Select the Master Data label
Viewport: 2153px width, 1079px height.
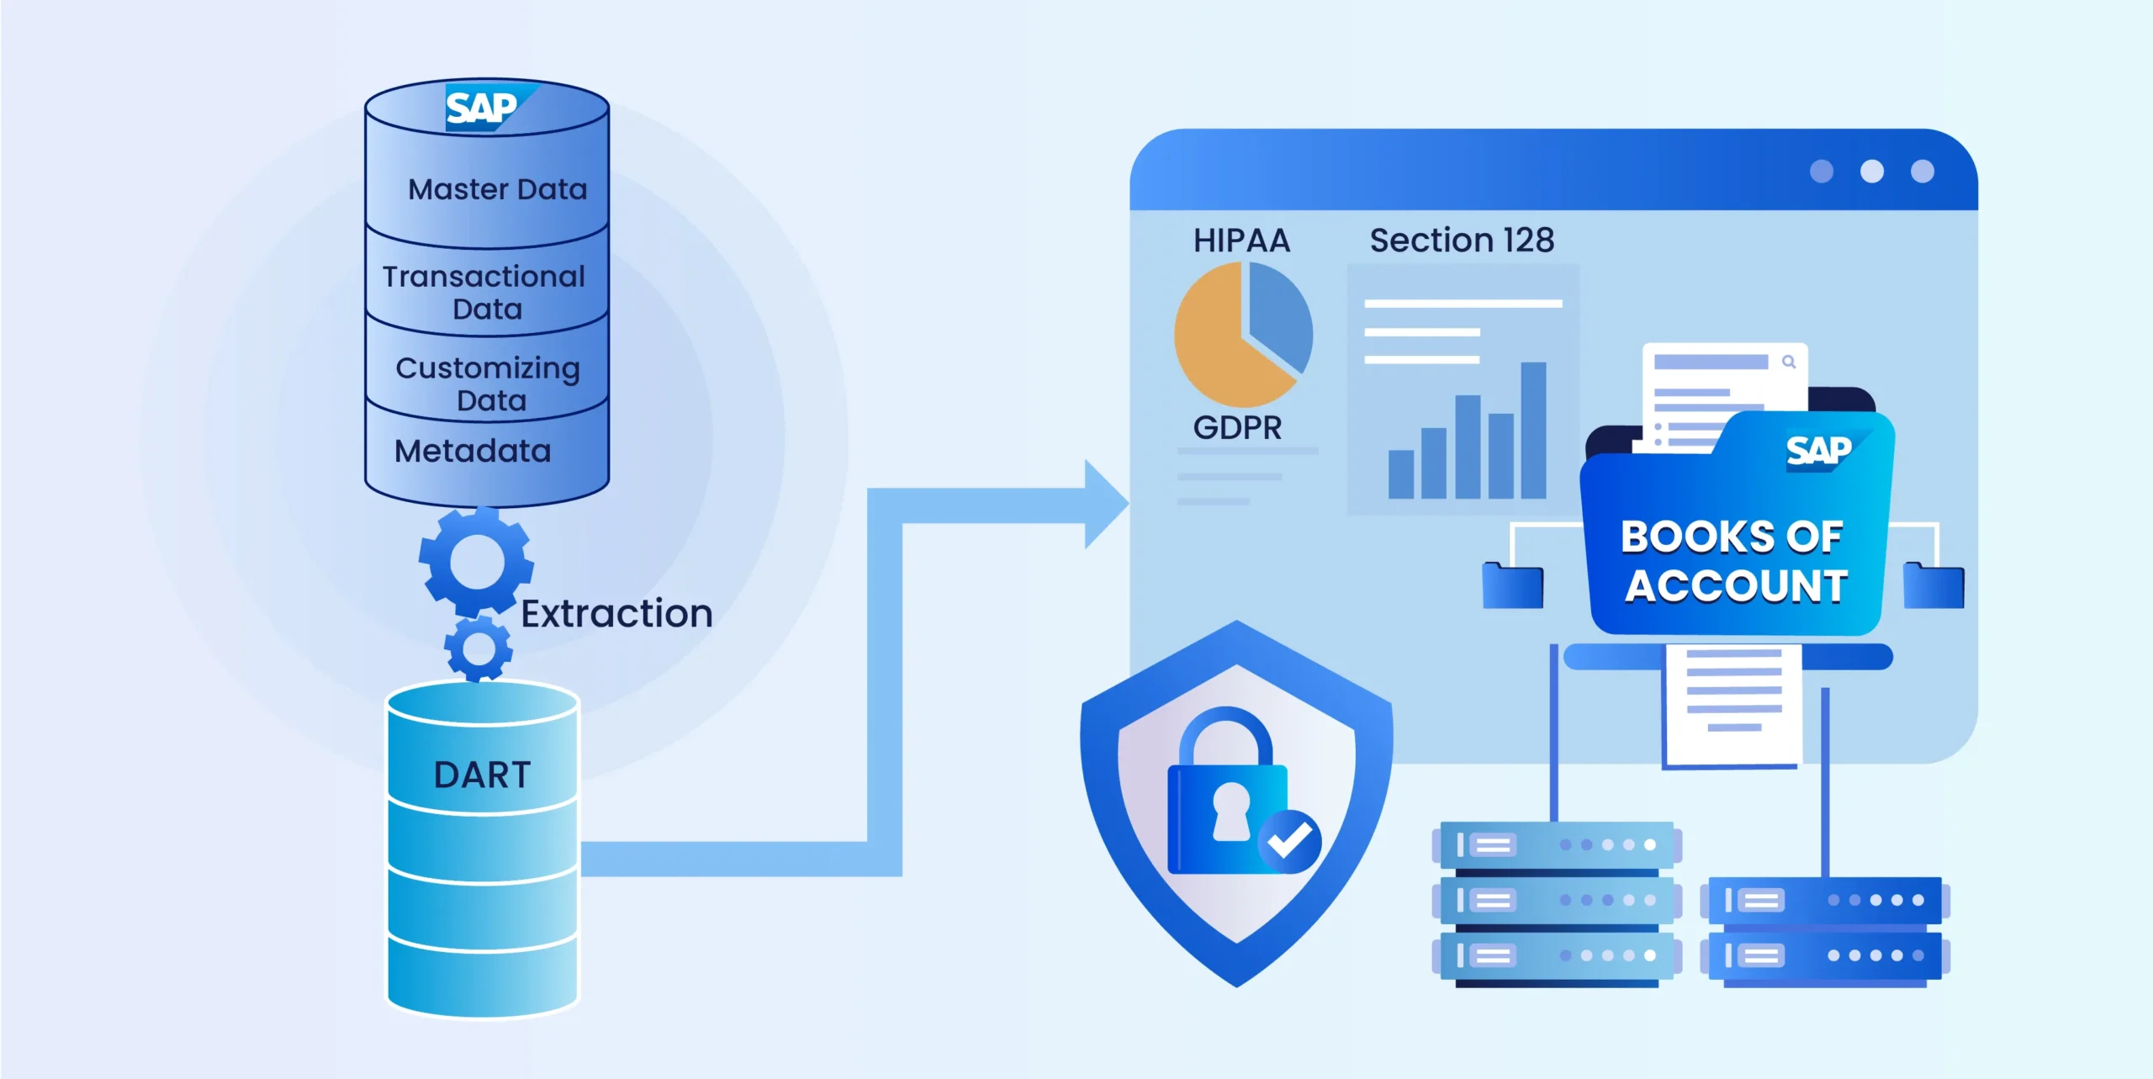coord(497,189)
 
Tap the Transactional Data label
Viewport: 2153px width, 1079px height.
coord(484,292)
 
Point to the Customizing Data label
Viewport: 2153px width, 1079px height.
coord(489,383)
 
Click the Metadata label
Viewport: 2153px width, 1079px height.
coord(473,452)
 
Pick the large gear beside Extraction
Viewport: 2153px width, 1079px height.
coord(476,562)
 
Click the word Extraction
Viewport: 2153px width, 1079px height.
coord(616,613)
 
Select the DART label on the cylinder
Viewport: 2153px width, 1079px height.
coord(482,775)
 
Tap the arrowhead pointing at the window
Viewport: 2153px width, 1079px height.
coord(1105,504)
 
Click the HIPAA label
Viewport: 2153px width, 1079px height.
coord(1241,241)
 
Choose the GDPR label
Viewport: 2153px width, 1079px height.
coord(1237,428)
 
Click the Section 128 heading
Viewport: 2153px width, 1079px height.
coord(1462,241)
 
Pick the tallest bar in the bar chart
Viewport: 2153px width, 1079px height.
coord(1533,430)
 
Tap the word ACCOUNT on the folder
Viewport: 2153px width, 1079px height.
coord(1736,586)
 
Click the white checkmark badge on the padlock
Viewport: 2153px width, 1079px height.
coord(1289,840)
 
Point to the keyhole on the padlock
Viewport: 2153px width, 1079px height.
coord(1231,810)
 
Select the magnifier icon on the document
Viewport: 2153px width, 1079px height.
coord(1789,362)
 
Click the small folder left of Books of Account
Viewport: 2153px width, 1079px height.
coord(1512,585)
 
